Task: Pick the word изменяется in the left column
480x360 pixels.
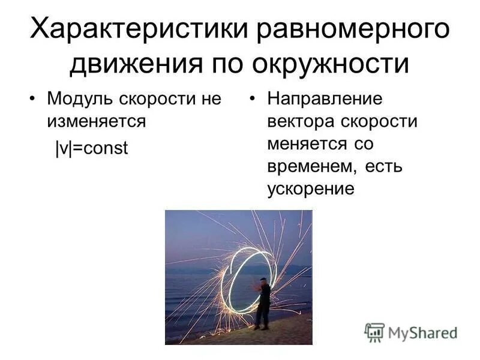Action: point(97,121)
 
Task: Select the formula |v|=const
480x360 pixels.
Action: point(92,148)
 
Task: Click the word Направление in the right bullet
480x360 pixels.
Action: point(325,98)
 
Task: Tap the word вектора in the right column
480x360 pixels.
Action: point(298,121)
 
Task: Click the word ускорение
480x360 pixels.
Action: point(310,189)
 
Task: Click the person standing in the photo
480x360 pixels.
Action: point(262,303)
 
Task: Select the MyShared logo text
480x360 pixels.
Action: point(422,332)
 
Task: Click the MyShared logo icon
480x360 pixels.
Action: point(374,331)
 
